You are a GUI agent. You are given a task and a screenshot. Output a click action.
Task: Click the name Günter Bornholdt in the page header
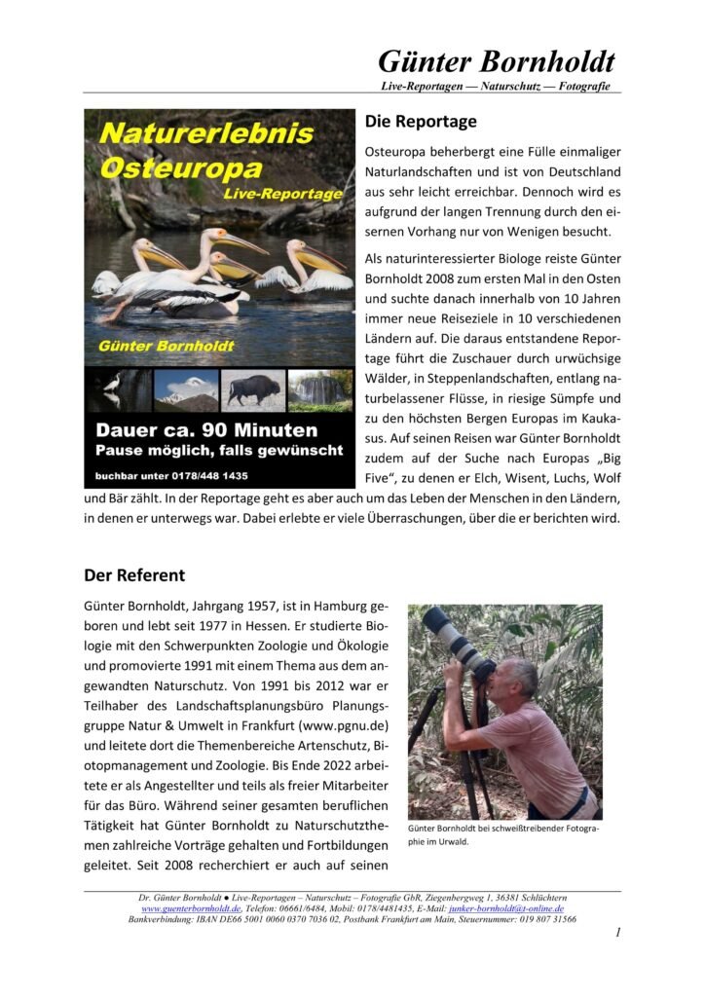click(x=497, y=61)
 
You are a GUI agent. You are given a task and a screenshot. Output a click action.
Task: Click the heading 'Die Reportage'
click(x=421, y=122)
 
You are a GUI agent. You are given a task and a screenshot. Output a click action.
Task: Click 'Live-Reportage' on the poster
click(x=282, y=194)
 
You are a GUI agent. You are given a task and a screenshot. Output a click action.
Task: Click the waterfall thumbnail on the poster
click(x=320, y=389)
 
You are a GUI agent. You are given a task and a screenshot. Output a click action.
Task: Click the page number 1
click(x=617, y=933)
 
